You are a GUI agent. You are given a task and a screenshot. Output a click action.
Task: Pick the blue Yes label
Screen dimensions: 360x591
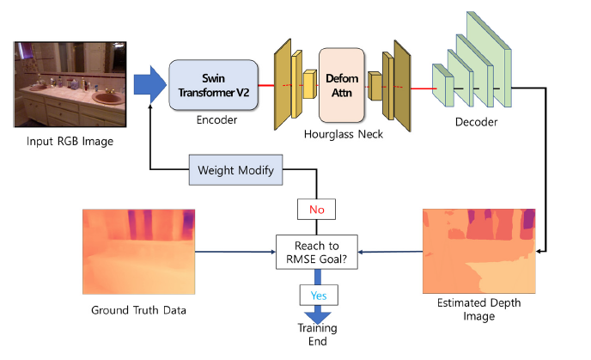318,295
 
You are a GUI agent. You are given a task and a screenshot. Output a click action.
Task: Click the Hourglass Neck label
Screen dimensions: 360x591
344,136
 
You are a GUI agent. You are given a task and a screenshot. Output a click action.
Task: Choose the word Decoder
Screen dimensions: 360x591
476,122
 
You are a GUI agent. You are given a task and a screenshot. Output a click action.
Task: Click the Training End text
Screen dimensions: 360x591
318,334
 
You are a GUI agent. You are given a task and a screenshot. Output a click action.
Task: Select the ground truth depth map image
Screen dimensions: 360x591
138,251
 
